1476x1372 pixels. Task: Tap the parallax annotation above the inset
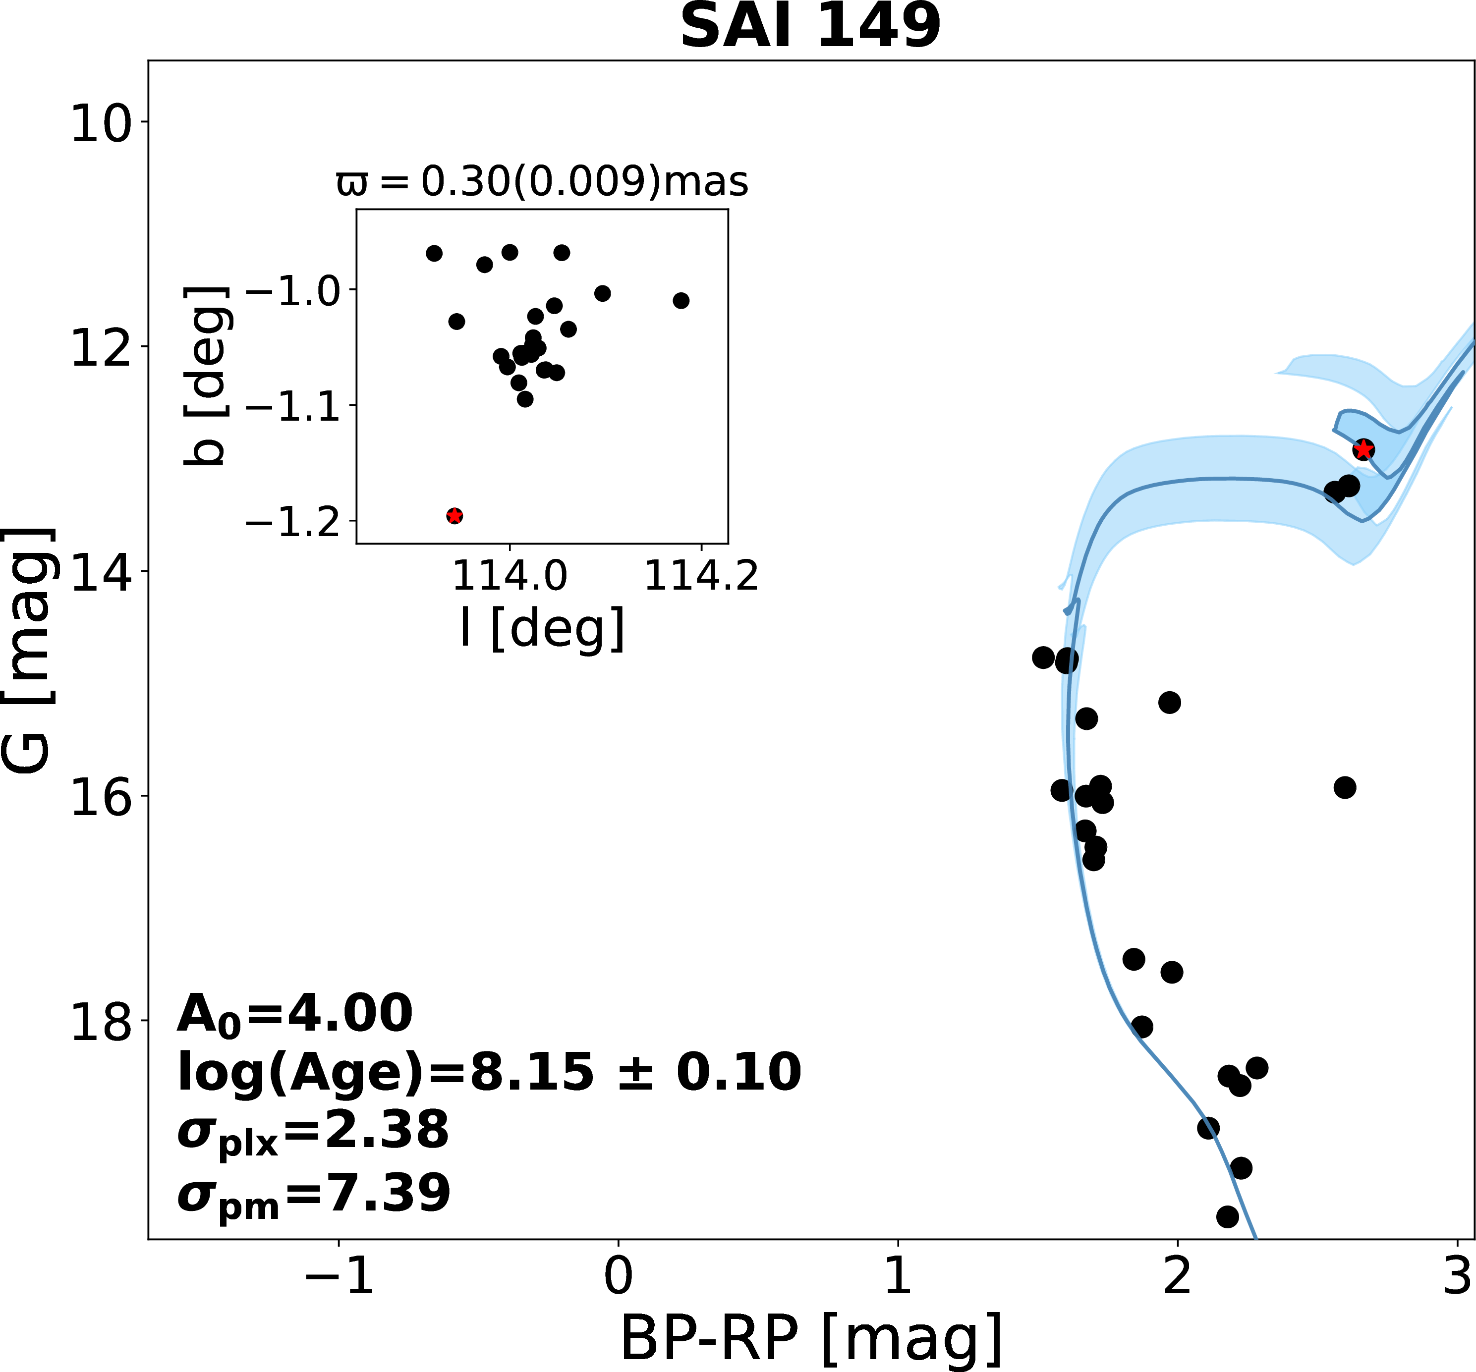coord(542,181)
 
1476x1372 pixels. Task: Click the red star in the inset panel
coord(455,516)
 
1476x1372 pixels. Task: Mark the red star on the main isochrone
coord(1363,449)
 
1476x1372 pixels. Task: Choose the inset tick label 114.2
coord(702,576)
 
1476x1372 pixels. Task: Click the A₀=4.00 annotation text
coord(294,1014)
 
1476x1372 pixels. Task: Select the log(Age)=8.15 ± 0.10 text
coord(489,1073)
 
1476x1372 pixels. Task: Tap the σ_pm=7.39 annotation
coord(313,1194)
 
